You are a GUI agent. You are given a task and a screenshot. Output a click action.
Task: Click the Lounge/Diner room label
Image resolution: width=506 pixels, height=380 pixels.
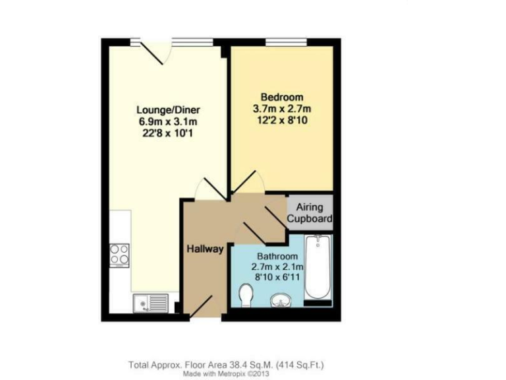[168, 110]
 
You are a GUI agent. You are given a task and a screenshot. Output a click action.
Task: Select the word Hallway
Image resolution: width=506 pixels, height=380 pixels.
[205, 249]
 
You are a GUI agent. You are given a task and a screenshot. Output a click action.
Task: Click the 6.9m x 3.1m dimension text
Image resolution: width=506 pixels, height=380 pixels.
[168, 121]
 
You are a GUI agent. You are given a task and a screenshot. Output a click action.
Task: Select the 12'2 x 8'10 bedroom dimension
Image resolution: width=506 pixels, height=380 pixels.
[281, 120]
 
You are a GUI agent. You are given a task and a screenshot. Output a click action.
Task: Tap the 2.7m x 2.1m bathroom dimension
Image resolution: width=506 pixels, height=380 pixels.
[277, 267]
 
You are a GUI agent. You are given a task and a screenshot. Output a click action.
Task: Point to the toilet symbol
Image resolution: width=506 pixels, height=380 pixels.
[246, 295]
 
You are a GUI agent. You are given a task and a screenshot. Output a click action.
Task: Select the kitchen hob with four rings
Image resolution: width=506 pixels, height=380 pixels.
[119, 255]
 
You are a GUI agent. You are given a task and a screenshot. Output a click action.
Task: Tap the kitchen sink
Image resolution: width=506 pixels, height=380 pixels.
[150, 303]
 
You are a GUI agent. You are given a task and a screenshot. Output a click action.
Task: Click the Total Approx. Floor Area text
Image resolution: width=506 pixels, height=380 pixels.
[226, 364]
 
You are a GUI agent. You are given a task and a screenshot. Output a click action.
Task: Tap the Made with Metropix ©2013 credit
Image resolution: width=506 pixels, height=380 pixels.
[226, 373]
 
